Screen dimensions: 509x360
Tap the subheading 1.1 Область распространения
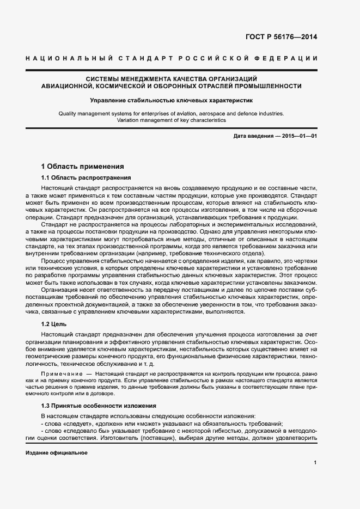(x=86, y=178)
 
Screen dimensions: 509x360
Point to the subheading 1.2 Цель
(x=54, y=323)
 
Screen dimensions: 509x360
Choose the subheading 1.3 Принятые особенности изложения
(x=99, y=406)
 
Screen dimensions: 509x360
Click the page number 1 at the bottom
(x=315, y=463)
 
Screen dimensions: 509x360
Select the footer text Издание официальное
(x=57, y=453)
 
